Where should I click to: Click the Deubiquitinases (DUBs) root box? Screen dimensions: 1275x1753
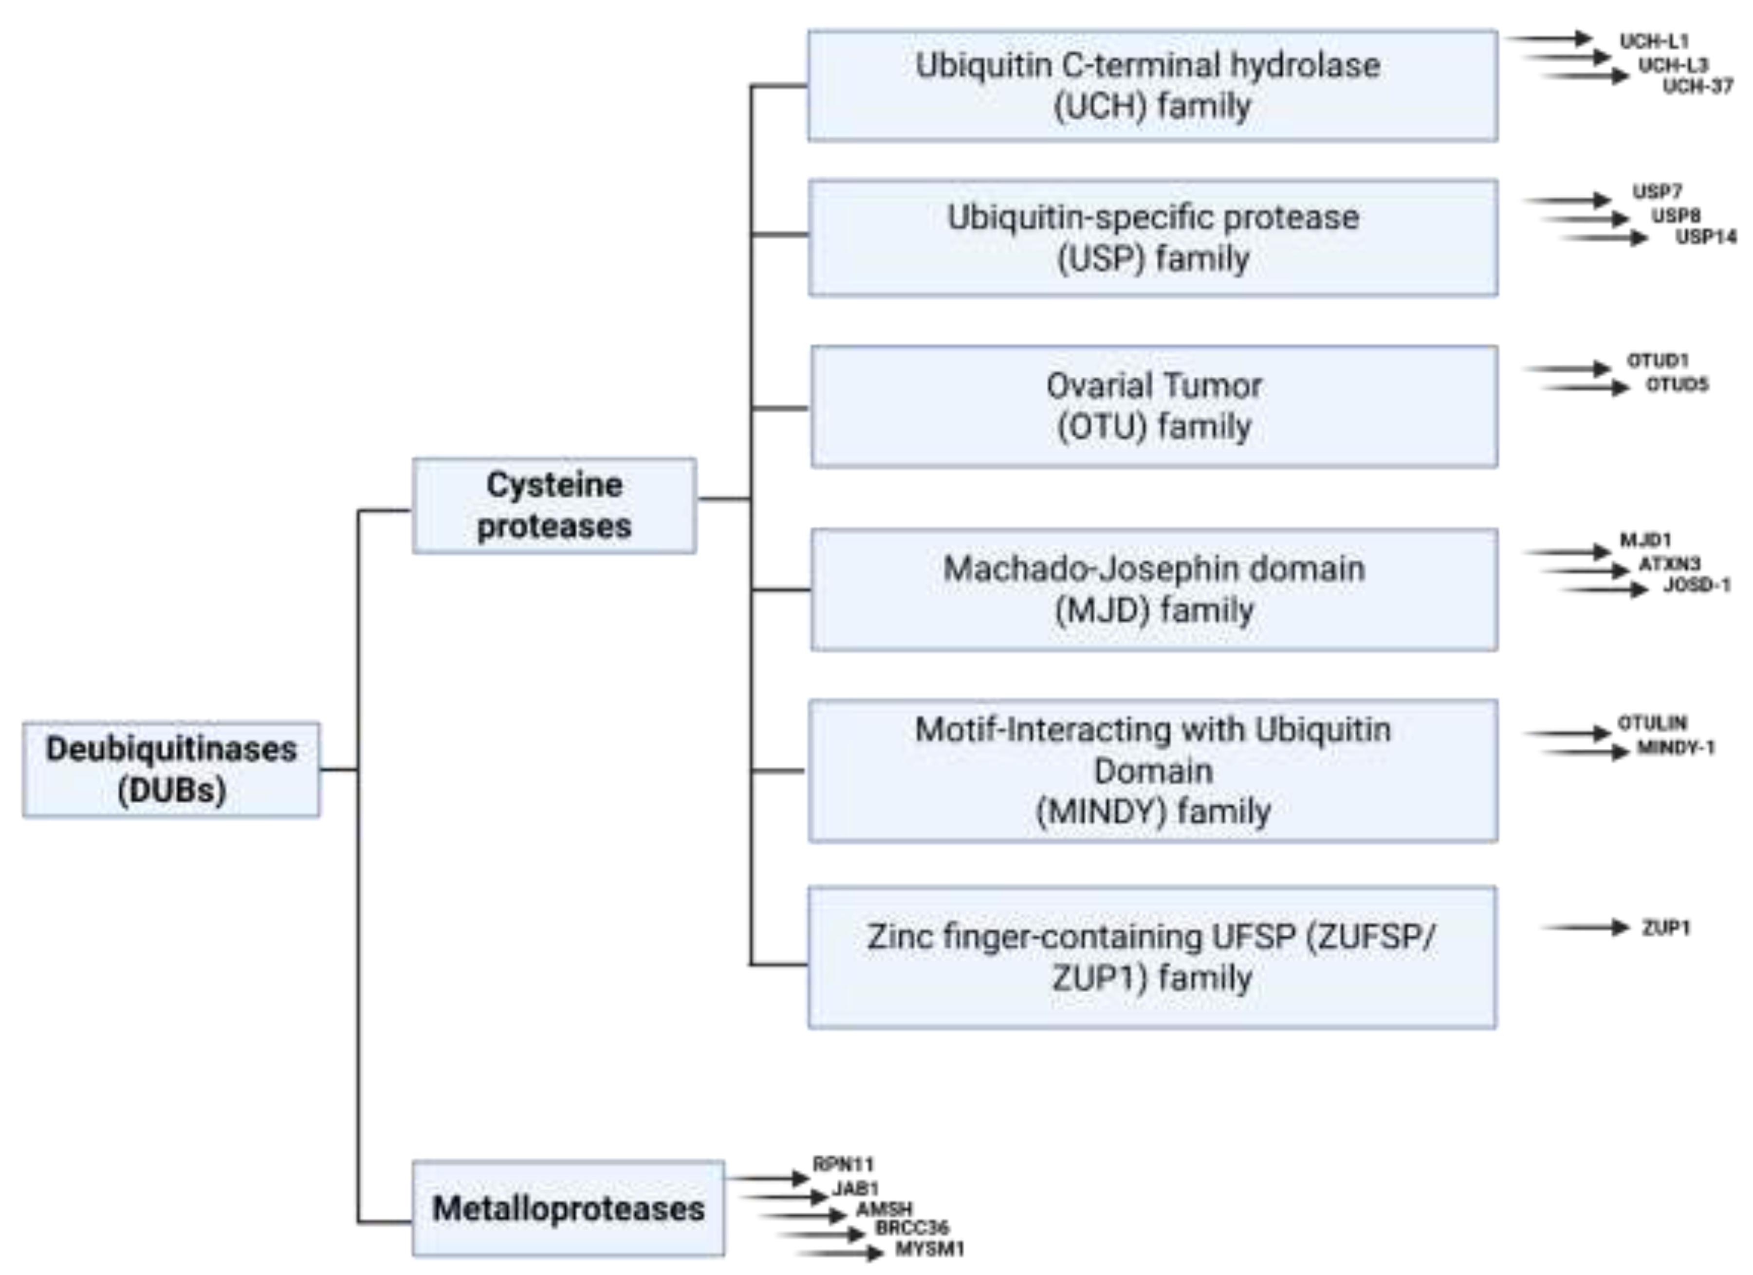(x=171, y=769)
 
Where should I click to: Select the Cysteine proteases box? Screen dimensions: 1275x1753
(x=554, y=505)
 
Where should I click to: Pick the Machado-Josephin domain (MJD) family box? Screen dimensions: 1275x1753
(x=1153, y=589)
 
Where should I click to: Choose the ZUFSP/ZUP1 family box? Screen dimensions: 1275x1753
(x=1152, y=957)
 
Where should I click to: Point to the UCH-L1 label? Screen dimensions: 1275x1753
(x=1654, y=41)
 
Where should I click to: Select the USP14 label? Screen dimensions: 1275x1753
(x=1705, y=237)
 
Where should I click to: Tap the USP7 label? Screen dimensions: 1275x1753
(x=1657, y=191)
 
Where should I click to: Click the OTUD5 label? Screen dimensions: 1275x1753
(x=1677, y=384)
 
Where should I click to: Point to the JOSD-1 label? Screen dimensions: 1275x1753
(x=1697, y=585)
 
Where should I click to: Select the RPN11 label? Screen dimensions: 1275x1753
(x=843, y=1164)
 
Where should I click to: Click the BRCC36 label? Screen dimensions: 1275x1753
(x=912, y=1228)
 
